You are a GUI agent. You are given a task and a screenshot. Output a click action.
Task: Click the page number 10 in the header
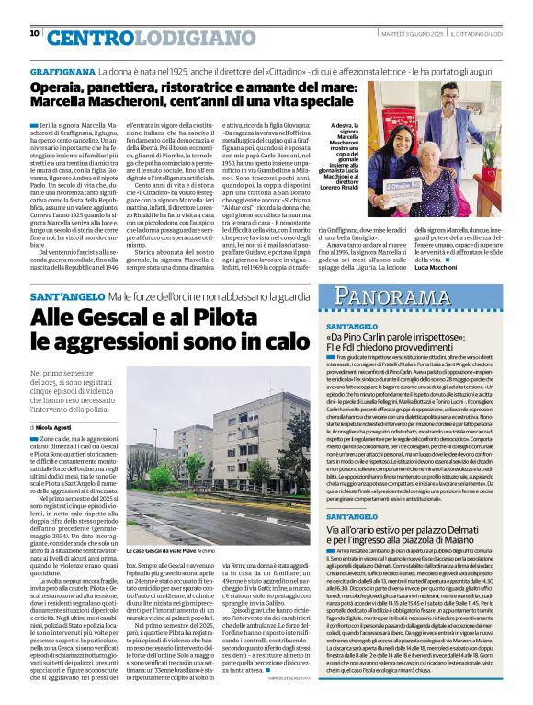click(x=35, y=34)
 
